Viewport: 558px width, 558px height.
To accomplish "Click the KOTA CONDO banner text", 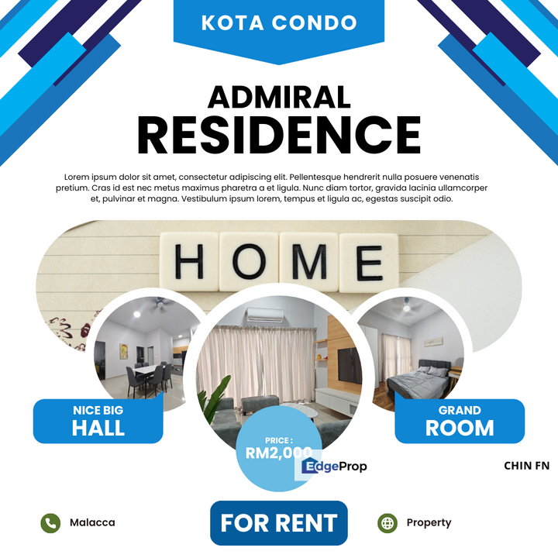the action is [x=279, y=22].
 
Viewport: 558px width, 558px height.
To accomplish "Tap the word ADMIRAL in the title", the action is [x=279, y=97].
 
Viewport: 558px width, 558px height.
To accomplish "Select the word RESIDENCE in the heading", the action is [x=279, y=135].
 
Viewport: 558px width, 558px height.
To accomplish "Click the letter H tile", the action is [x=189, y=261].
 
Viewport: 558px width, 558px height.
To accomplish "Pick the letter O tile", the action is [x=249, y=261].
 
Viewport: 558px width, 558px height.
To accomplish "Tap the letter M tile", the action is [x=308, y=262].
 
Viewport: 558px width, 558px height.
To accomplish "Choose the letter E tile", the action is [x=369, y=262].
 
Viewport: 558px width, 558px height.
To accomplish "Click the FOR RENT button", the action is [x=279, y=523].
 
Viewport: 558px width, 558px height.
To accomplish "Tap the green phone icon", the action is [x=50, y=523].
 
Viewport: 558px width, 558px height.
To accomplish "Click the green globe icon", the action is [x=387, y=523].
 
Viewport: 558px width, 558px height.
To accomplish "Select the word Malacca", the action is [x=92, y=522].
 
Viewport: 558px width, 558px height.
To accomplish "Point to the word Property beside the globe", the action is [x=429, y=523].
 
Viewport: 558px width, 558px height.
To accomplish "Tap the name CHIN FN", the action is [x=527, y=466].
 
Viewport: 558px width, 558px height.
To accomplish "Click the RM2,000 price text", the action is [x=279, y=453].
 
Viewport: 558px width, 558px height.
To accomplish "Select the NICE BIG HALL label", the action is [x=98, y=422].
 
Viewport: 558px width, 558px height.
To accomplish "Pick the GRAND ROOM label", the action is [x=460, y=422].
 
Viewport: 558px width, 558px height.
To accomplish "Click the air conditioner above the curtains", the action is [x=265, y=315].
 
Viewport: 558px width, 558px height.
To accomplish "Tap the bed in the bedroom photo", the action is [x=418, y=381].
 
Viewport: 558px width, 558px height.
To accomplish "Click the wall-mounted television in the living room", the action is [x=349, y=366].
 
